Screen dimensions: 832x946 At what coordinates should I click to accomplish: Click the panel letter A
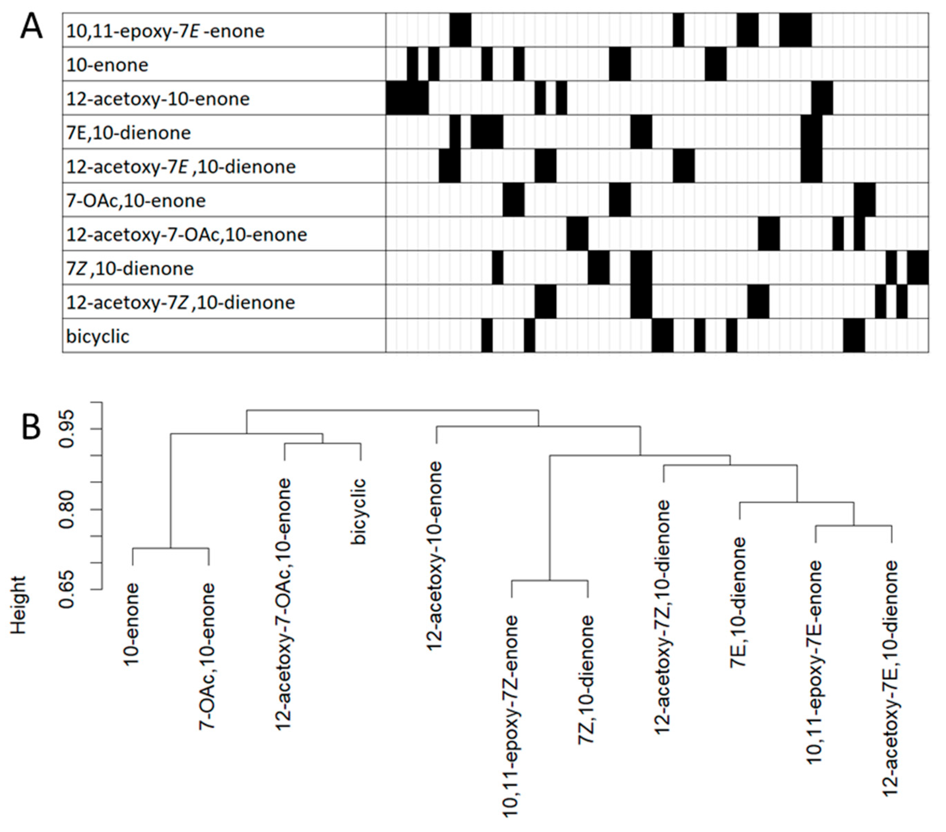(x=31, y=27)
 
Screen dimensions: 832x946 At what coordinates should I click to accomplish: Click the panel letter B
(x=31, y=428)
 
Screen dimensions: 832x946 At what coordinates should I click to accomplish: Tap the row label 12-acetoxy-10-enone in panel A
(x=158, y=99)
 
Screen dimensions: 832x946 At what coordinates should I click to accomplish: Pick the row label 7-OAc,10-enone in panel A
(x=136, y=201)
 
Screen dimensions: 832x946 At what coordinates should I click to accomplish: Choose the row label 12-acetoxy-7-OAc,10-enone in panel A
(x=187, y=235)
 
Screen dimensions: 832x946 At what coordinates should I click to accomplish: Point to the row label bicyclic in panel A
(x=98, y=336)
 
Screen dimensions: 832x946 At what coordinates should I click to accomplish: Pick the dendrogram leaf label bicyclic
(x=359, y=511)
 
